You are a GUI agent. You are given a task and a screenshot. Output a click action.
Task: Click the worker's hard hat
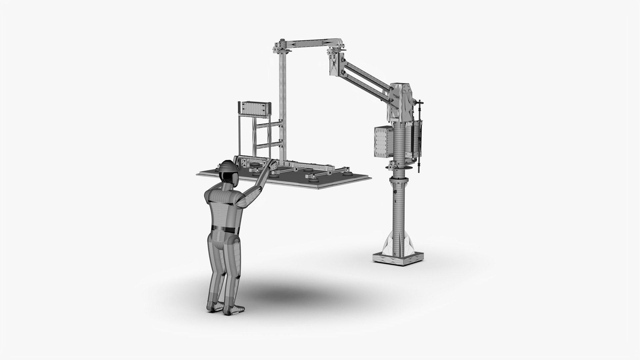pyautogui.click(x=228, y=167)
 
